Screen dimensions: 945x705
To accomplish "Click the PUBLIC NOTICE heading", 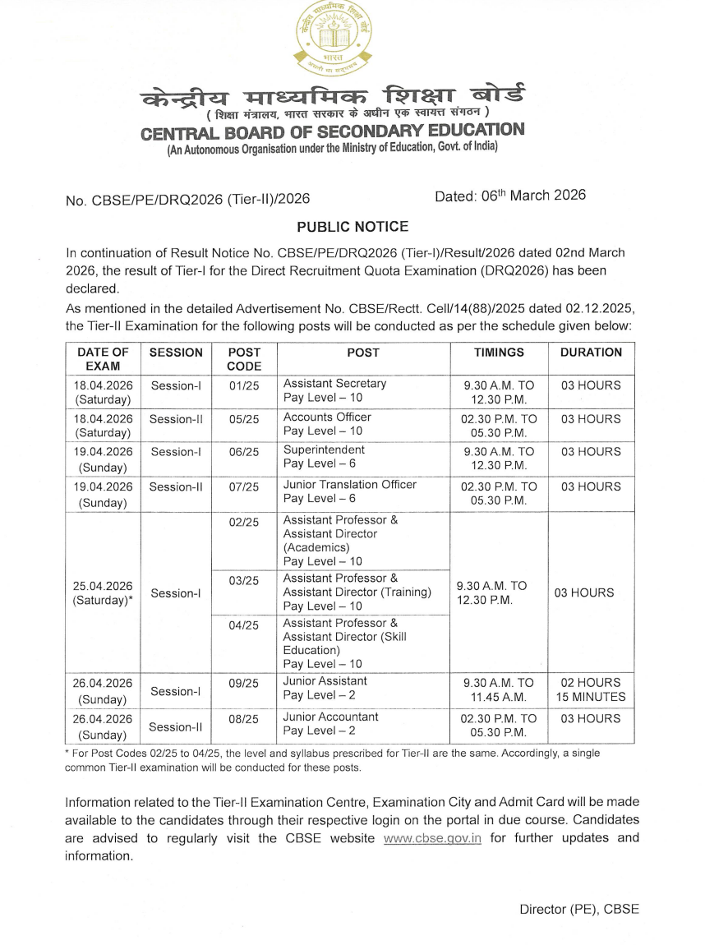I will click(352, 227).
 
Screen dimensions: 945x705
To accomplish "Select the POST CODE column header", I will click(244, 359).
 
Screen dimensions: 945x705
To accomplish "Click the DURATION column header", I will click(591, 352).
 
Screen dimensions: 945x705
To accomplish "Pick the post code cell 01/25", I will click(244, 385).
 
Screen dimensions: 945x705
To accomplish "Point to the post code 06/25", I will click(244, 452).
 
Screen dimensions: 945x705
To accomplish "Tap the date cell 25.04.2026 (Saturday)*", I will click(104, 592).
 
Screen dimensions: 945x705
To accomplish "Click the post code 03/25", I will click(244, 581).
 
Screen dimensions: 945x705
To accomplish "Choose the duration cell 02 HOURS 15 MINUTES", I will click(591, 689).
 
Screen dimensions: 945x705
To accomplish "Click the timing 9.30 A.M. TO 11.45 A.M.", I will click(499, 689).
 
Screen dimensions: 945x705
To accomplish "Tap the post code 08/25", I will click(244, 718).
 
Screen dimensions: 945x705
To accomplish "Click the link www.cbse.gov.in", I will click(432, 838).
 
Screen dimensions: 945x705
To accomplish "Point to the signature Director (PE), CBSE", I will click(578, 909).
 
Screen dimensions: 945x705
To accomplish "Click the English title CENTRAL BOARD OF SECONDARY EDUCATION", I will click(332, 131).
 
